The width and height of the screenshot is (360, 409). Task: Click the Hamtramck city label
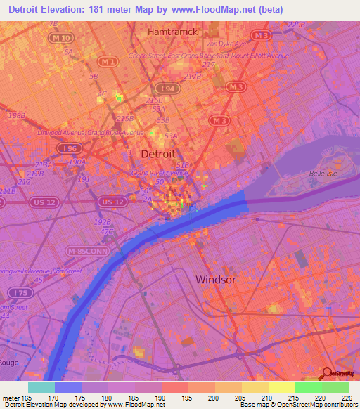tap(171, 32)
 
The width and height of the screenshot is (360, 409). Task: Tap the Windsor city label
tap(215, 279)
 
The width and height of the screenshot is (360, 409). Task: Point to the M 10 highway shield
tap(62, 37)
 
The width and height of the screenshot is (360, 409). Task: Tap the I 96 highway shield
tap(68, 148)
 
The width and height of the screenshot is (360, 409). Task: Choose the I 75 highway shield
tap(18, 292)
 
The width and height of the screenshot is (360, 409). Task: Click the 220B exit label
tap(297, 25)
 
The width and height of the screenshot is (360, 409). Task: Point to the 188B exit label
tap(15, 115)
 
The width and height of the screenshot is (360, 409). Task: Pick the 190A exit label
tap(76, 162)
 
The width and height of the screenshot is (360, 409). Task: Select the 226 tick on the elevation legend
tap(347, 398)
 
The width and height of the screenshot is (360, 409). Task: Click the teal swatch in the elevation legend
tap(41, 387)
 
